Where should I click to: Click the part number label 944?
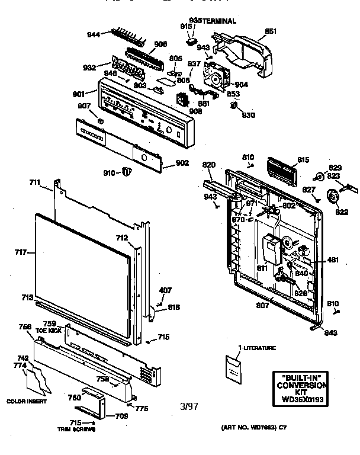click(94, 35)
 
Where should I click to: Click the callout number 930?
click(249, 114)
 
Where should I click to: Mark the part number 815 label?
click(304, 160)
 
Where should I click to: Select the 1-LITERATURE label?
click(256, 348)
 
